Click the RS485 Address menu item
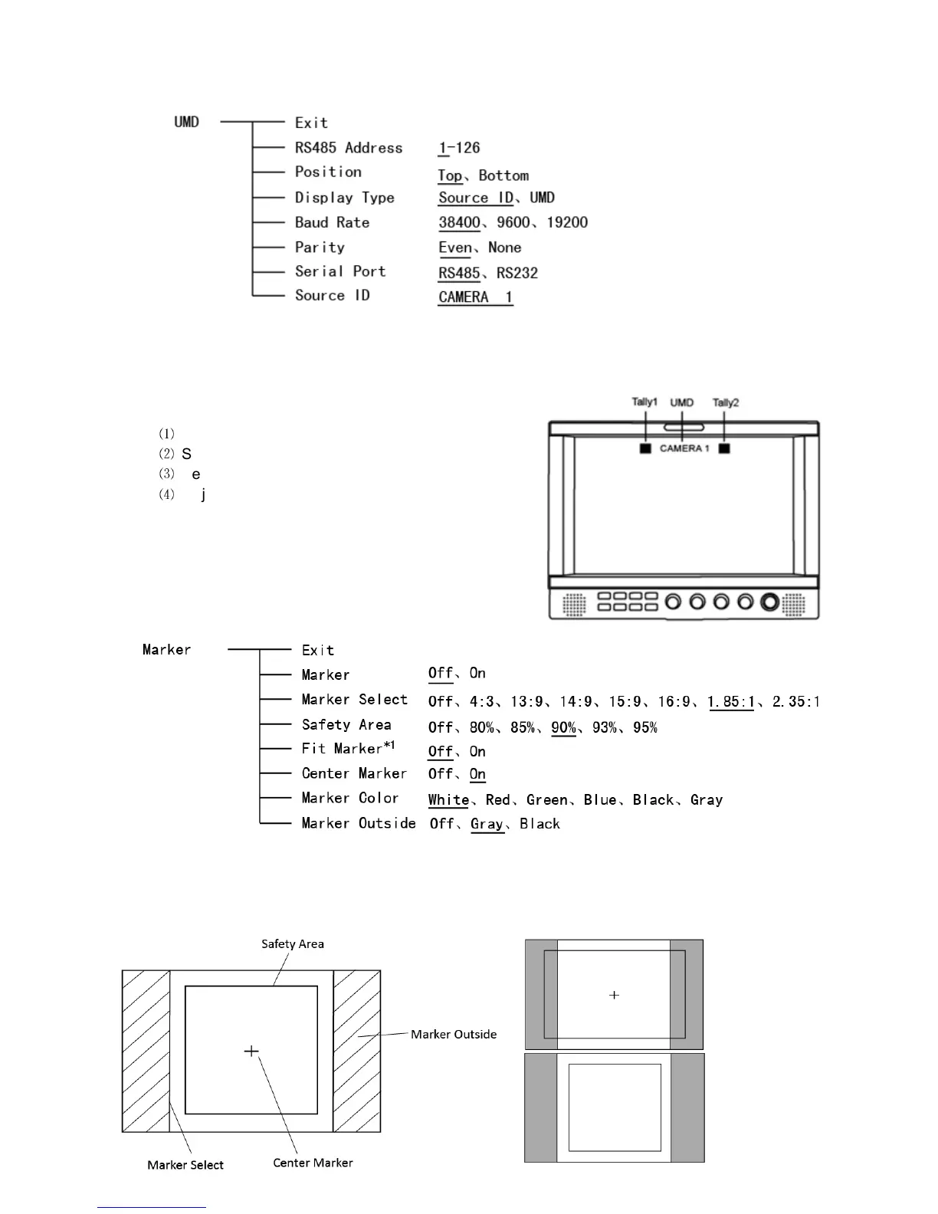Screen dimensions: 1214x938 (x=349, y=148)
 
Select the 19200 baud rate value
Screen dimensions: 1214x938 (x=567, y=223)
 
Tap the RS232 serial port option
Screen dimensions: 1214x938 (x=517, y=273)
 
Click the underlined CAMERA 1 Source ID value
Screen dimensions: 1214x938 (x=475, y=297)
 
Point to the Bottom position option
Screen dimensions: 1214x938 (x=503, y=176)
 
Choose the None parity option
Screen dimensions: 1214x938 (x=505, y=248)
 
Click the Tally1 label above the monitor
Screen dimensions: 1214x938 (x=644, y=402)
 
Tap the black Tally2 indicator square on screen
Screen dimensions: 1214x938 (x=724, y=448)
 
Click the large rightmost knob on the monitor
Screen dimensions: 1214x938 (x=769, y=602)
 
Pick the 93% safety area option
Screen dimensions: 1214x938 (x=605, y=727)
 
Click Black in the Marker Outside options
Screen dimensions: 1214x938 (x=540, y=824)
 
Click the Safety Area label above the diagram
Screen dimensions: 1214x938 (x=292, y=944)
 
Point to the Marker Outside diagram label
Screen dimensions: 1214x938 (x=454, y=1035)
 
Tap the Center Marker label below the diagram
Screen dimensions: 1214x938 (x=313, y=1163)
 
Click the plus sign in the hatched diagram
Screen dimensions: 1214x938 (x=251, y=1051)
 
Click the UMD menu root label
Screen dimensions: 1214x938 (x=186, y=122)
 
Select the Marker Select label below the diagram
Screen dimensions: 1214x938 (x=185, y=1165)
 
